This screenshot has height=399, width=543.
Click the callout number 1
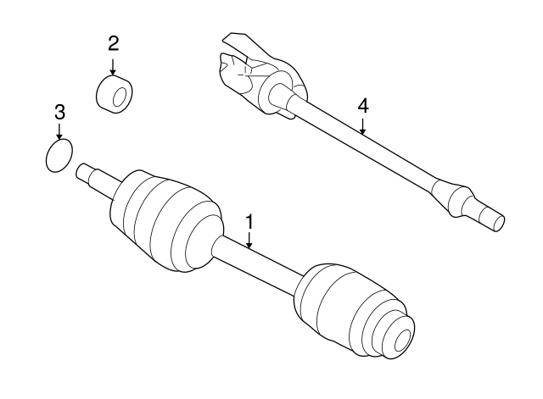250,222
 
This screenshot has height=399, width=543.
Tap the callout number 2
114,42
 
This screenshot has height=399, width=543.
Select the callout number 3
59,111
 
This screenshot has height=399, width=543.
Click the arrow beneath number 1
250,241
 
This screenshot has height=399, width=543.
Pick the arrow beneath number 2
114,65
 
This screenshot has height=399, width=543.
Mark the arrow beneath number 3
59,132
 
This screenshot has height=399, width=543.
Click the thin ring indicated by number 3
58,157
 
